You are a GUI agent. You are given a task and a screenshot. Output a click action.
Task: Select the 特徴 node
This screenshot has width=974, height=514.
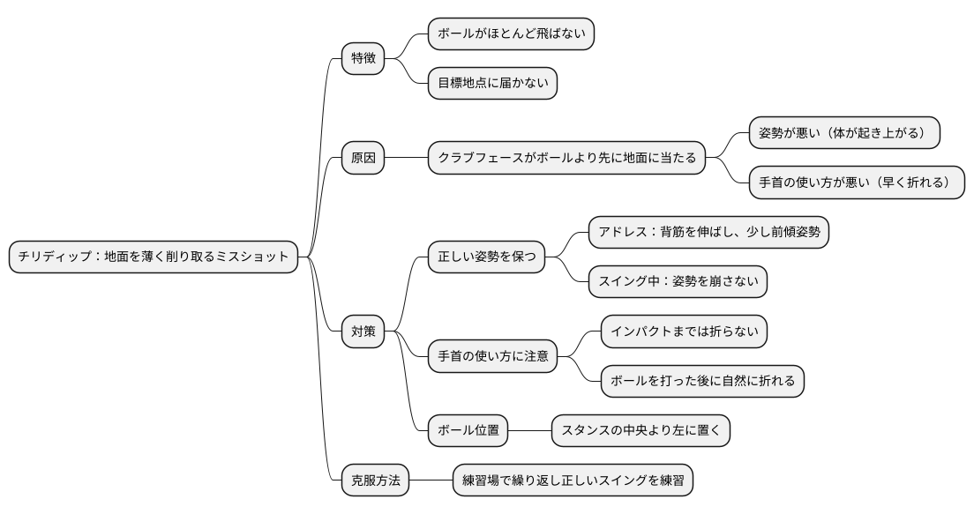363,59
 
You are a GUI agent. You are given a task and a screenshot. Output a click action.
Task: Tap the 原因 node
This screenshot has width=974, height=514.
363,159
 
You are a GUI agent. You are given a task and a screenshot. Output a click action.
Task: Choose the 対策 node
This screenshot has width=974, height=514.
363,331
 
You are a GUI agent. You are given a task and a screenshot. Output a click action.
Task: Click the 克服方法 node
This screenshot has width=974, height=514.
375,480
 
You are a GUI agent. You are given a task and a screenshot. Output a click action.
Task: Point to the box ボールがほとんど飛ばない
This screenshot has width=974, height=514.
511,34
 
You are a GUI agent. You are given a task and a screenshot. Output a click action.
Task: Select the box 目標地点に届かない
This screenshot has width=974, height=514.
492,84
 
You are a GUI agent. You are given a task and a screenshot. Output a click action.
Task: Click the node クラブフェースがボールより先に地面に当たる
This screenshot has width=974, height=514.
566,159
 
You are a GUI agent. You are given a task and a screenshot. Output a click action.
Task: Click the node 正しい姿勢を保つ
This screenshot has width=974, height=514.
486,257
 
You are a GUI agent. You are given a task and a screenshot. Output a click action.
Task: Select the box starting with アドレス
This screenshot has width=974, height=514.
708,233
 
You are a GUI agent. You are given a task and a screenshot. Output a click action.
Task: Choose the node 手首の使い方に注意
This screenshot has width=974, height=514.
492,356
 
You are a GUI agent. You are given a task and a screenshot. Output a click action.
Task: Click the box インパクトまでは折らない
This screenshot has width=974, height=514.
684,331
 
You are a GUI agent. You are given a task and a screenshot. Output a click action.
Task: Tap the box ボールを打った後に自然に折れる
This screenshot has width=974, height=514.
702,381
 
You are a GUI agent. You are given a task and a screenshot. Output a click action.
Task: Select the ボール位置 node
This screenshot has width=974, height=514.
468,431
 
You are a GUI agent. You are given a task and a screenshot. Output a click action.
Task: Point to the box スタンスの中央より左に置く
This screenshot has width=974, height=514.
641,431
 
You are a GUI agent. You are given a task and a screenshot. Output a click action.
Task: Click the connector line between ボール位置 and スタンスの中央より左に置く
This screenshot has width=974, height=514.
530,431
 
